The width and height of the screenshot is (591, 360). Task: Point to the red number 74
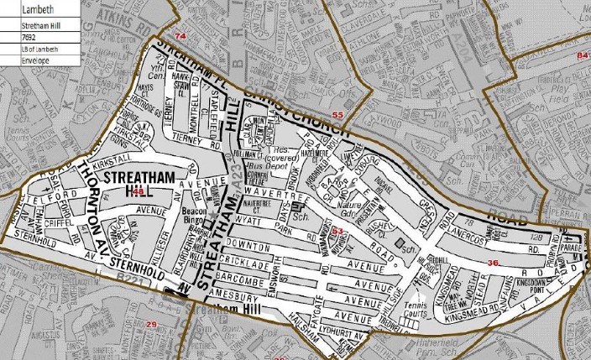(180, 36)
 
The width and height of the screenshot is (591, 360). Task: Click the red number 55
(337, 114)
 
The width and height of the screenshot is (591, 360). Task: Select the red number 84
(583, 55)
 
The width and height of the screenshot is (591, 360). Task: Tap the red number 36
(493, 263)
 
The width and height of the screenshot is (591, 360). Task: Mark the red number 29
(152, 324)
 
